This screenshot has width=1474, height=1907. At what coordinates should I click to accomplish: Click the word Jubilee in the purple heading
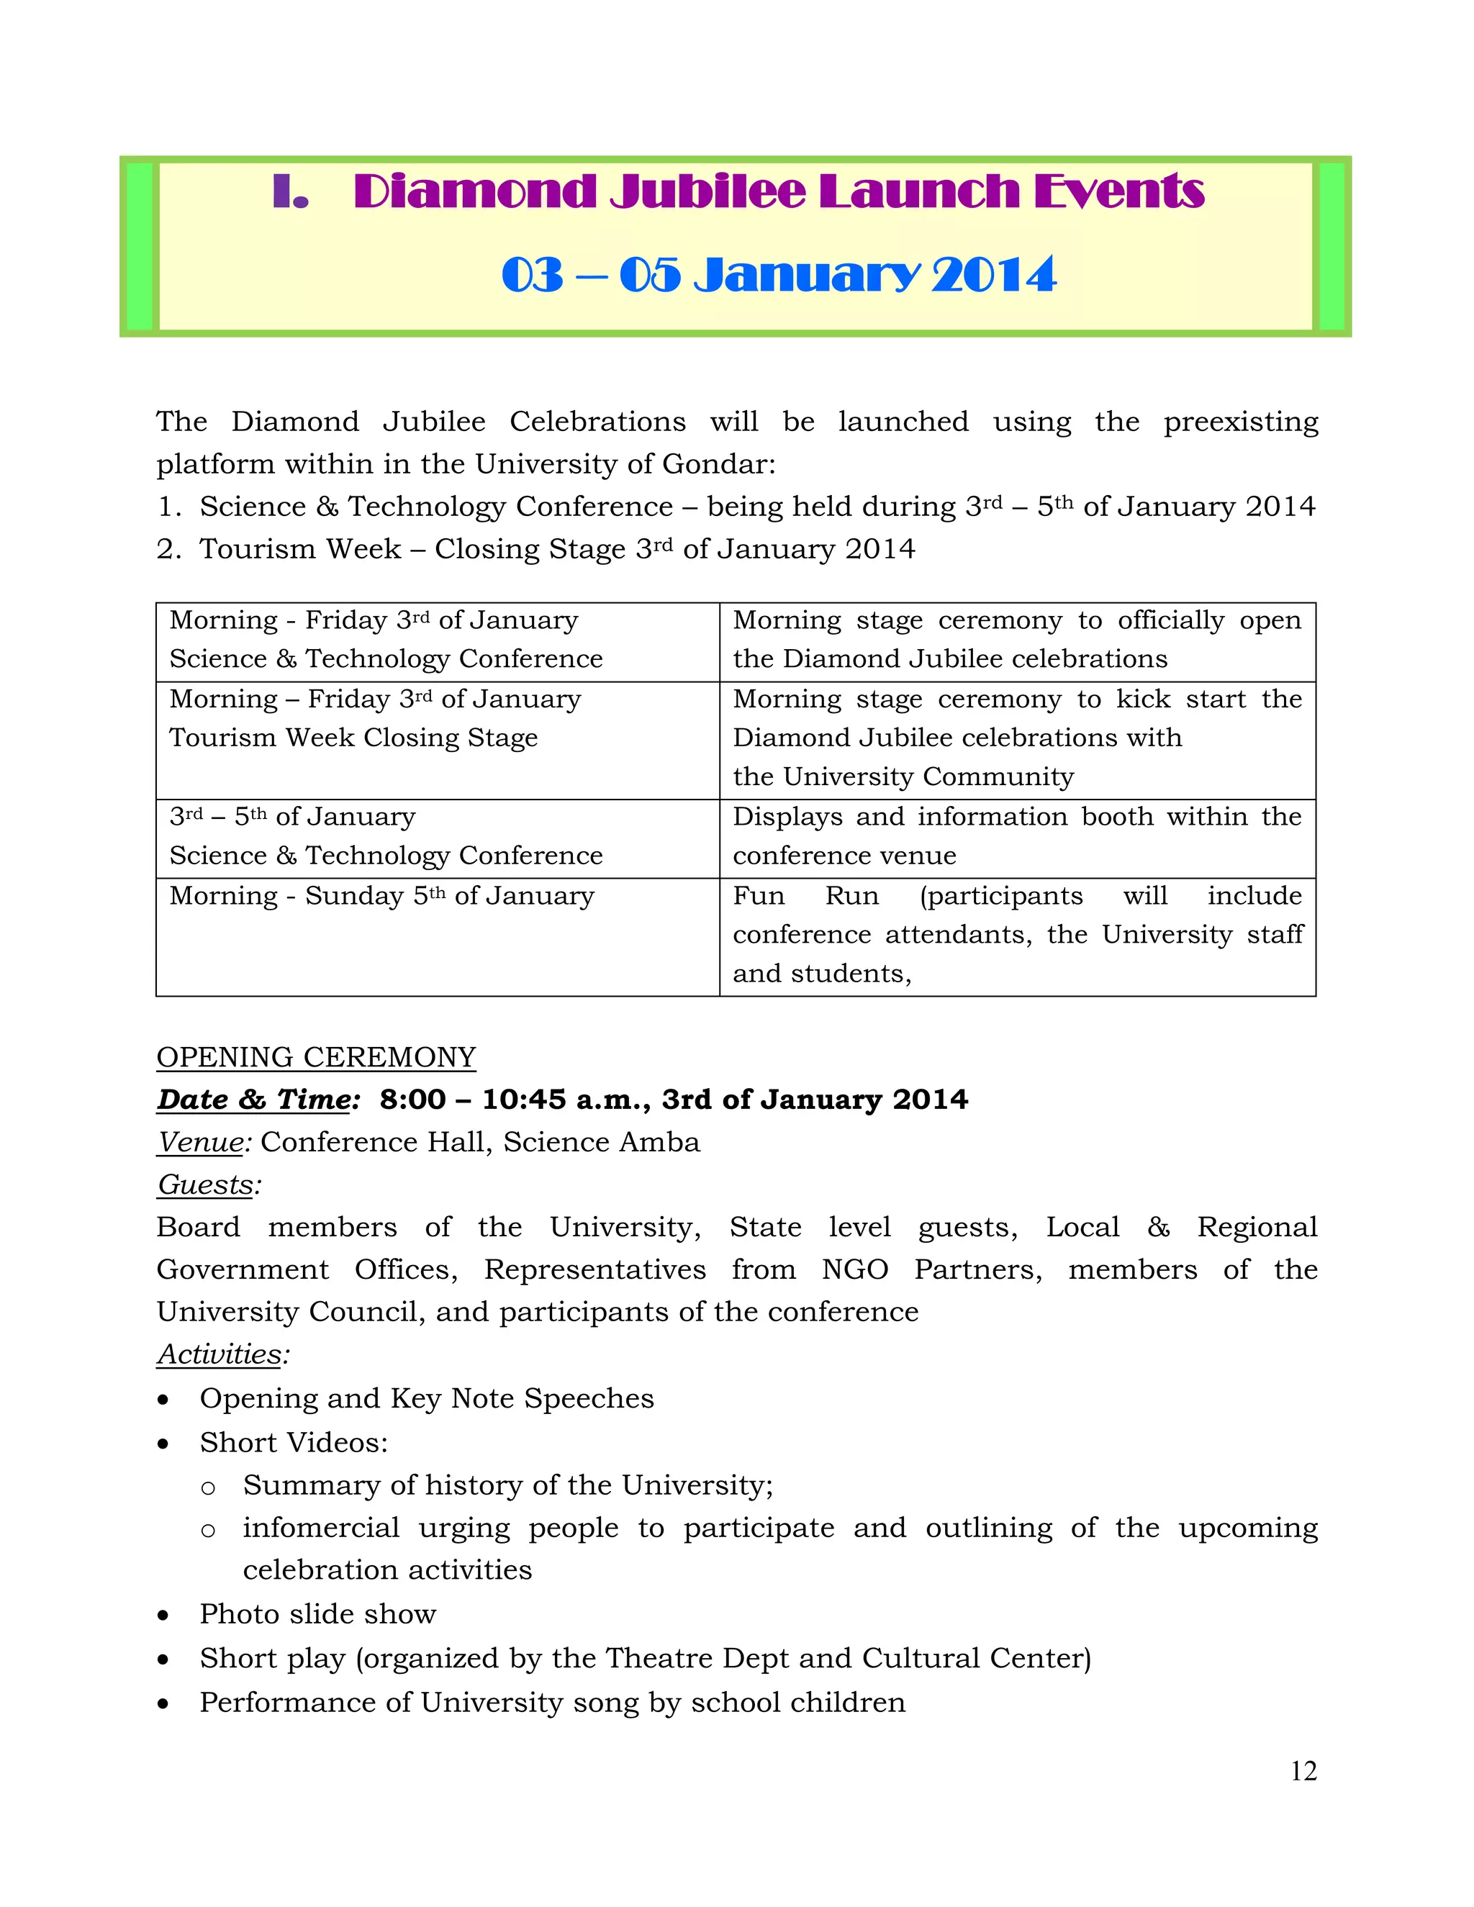708,191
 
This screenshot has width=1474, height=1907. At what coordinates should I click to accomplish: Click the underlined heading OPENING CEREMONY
316,1057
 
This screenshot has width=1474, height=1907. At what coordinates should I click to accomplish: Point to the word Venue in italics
201,1142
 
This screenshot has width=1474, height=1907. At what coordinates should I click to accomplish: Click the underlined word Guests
206,1185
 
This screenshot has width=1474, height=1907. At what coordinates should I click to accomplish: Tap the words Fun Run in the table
805,896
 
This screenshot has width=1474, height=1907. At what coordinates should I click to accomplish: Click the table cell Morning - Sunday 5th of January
381,896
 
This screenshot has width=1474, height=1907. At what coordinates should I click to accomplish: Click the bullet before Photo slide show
163,1616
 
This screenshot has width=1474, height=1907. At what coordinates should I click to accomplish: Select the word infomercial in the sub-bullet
320,1528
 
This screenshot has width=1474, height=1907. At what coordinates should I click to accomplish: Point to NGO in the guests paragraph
854,1269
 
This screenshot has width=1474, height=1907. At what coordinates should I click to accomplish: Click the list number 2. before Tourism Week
168,549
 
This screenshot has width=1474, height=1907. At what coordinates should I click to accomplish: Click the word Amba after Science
666,1142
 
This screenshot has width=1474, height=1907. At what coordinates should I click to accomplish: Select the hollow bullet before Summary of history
208,1487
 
